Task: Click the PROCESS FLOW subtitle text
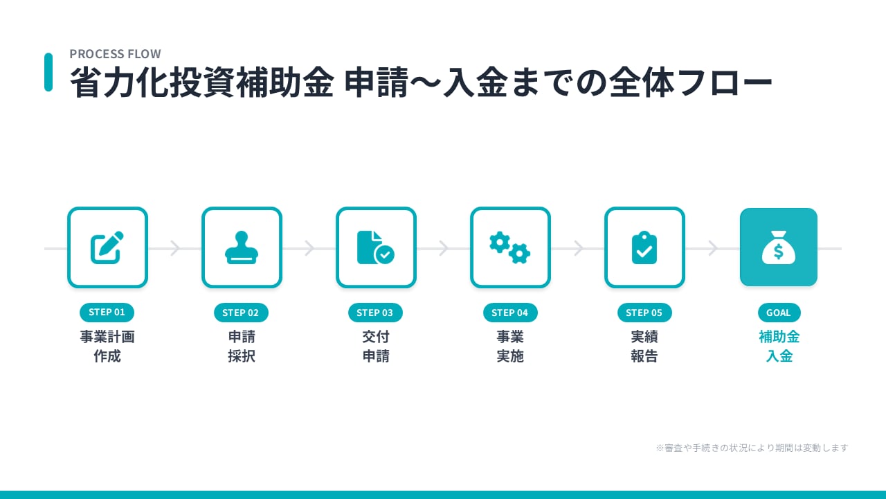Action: tap(115, 54)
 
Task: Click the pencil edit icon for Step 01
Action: tap(107, 247)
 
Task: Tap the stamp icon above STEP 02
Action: tap(242, 247)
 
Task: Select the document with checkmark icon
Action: tap(376, 247)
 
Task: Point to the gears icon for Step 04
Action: tap(510, 247)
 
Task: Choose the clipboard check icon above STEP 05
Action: tap(644, 247)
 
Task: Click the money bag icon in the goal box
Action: tap(779, 247)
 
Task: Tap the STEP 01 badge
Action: tap(107, 313)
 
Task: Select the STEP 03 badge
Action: tap(375, 313)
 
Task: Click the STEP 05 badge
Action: tap(644, 313)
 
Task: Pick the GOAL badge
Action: tap(779, 313)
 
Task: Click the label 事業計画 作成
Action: tap(107, 347)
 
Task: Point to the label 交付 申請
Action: tap(376, 347)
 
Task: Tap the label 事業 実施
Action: tap(510, 347)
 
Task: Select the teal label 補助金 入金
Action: tap(779, 347)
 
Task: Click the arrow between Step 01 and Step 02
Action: tap(175, 248)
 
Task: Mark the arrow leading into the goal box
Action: tap(712, 248)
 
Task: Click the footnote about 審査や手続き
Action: tap(752, 448)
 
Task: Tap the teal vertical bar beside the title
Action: tap(48, 72)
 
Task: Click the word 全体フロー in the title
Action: tap(690, 83)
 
